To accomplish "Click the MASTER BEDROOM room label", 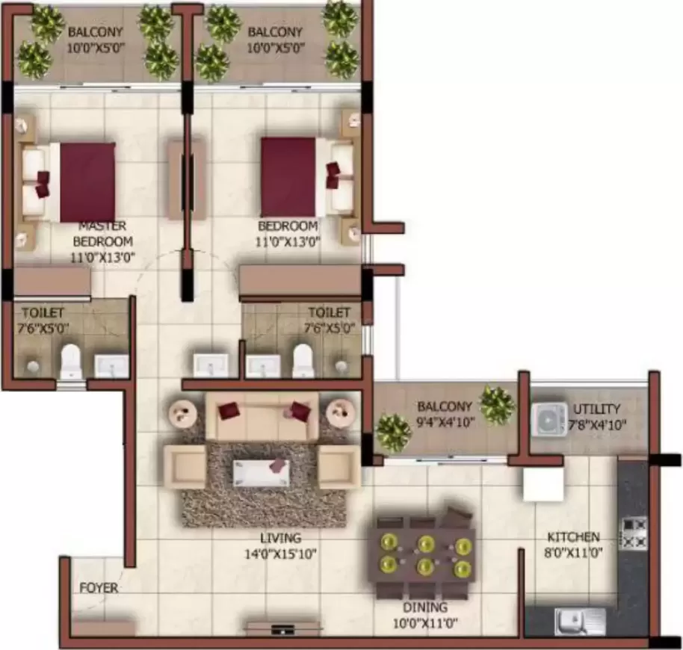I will point(102,233).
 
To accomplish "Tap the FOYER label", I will point(99,588).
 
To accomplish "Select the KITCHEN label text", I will point(573,536).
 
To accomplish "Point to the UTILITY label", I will point(596,409).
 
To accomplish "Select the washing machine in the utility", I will point(551,419).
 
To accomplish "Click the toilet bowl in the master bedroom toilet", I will point(71,362).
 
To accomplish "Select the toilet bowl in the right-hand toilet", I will point(303,360).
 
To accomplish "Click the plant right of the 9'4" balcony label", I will point(496,404).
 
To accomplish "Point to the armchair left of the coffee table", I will point(185,467).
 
